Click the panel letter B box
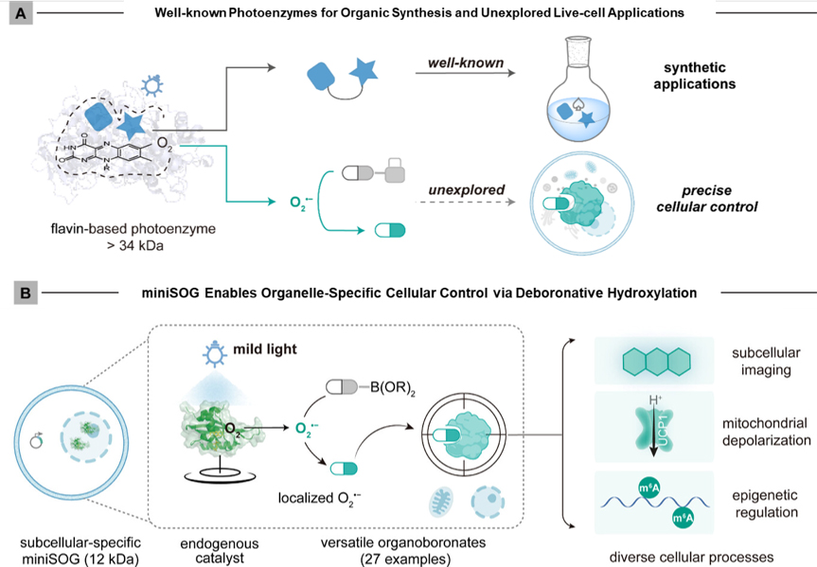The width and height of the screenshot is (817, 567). (x=17, y=293)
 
